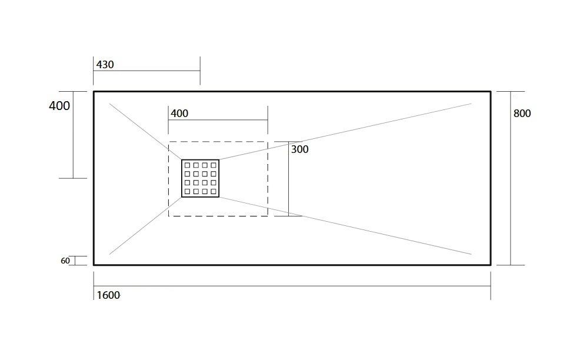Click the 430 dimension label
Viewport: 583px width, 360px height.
105,65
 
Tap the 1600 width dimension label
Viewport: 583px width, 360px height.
108,295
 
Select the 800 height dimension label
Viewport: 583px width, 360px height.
522,114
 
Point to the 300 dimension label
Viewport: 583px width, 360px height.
299,149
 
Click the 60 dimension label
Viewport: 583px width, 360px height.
65,261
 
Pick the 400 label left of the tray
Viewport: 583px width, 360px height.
59,106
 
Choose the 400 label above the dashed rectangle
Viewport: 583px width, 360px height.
179,114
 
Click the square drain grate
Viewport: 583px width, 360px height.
200,178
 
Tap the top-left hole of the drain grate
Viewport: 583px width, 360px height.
188,165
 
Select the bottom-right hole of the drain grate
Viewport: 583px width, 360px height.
214,192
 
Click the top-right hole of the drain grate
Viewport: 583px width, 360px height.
214,165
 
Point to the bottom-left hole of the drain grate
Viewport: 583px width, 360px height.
188,192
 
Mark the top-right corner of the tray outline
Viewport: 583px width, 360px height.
491,92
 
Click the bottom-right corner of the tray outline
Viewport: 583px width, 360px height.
491,265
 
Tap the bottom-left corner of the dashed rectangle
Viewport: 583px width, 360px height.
168,216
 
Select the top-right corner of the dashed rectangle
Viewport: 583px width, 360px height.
268,142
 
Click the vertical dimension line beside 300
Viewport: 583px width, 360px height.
288,178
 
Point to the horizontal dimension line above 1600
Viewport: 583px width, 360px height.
292,286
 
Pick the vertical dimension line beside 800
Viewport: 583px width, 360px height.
511,178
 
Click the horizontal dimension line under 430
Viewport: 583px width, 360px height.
146,71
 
